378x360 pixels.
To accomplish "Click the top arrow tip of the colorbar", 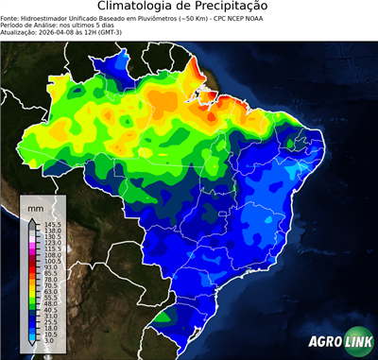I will (x=32, y=219).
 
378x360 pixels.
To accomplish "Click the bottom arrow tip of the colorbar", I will (x=32, y=343).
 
